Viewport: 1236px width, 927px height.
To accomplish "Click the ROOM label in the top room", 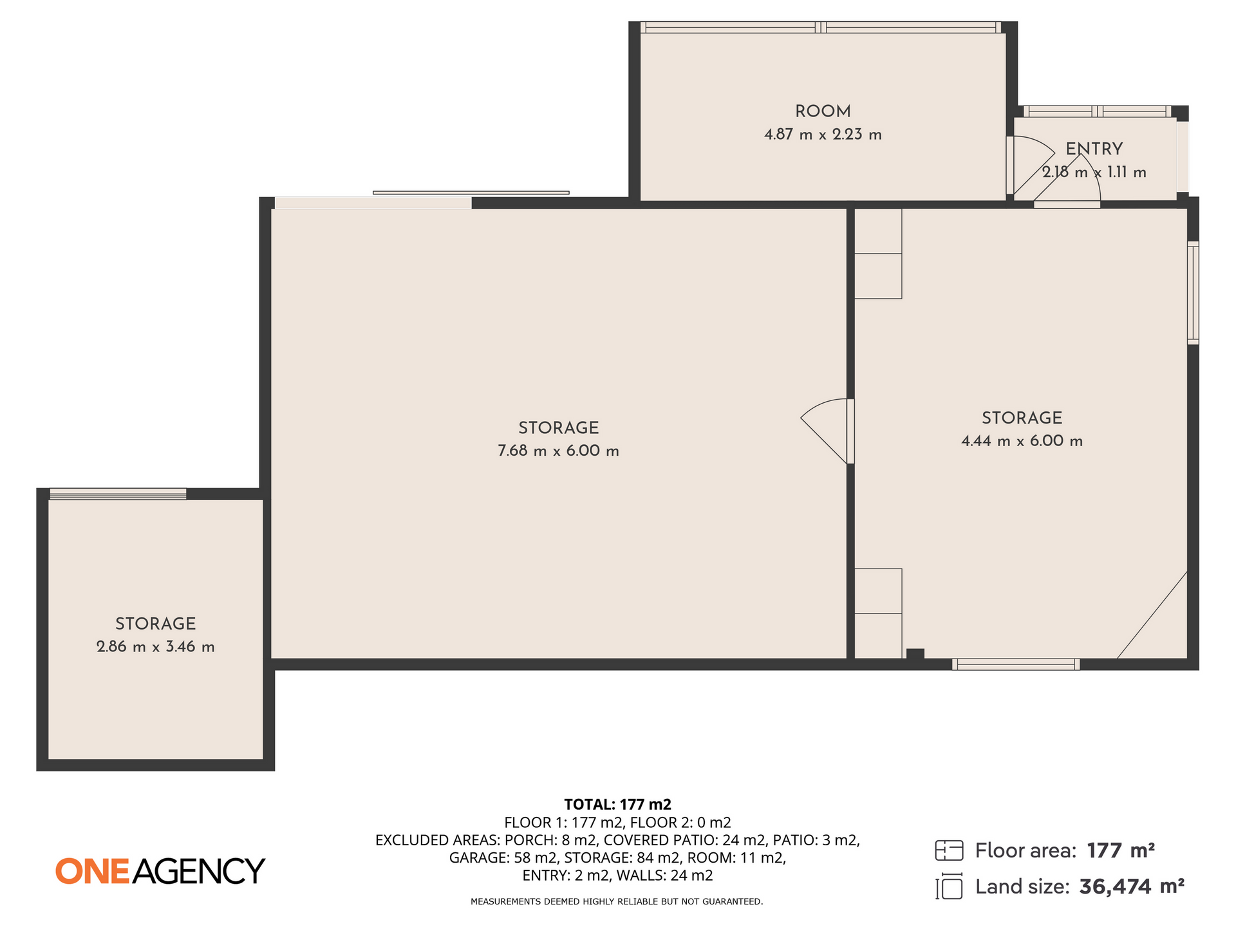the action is [823, 111].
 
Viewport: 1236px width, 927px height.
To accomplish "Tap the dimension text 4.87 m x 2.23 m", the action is [823, 135].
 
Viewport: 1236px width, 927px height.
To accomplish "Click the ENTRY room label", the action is [1094, 149].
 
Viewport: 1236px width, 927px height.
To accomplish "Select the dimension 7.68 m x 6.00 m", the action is [558, 451].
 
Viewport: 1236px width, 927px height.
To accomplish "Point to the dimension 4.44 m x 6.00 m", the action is [1022, 441].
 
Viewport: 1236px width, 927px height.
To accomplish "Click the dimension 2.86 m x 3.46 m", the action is [155, 646].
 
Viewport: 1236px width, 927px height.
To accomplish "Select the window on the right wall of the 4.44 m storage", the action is [1193, 293].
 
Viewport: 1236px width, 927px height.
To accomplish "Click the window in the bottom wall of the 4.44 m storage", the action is [1016, 664].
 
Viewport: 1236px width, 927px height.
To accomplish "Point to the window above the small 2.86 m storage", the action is [118, 494].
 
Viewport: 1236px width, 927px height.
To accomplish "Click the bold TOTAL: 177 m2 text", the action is [617, 804].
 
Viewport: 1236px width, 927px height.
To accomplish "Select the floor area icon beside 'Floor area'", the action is [949, 850].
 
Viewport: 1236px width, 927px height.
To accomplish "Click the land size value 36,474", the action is [1115, 887].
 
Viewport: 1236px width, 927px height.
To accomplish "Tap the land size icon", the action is [949, 886].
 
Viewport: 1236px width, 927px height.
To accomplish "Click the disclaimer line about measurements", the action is [617, 901].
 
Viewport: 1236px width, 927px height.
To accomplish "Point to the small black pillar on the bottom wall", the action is [915, 653].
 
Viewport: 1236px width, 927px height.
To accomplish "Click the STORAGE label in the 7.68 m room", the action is [558, 427].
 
